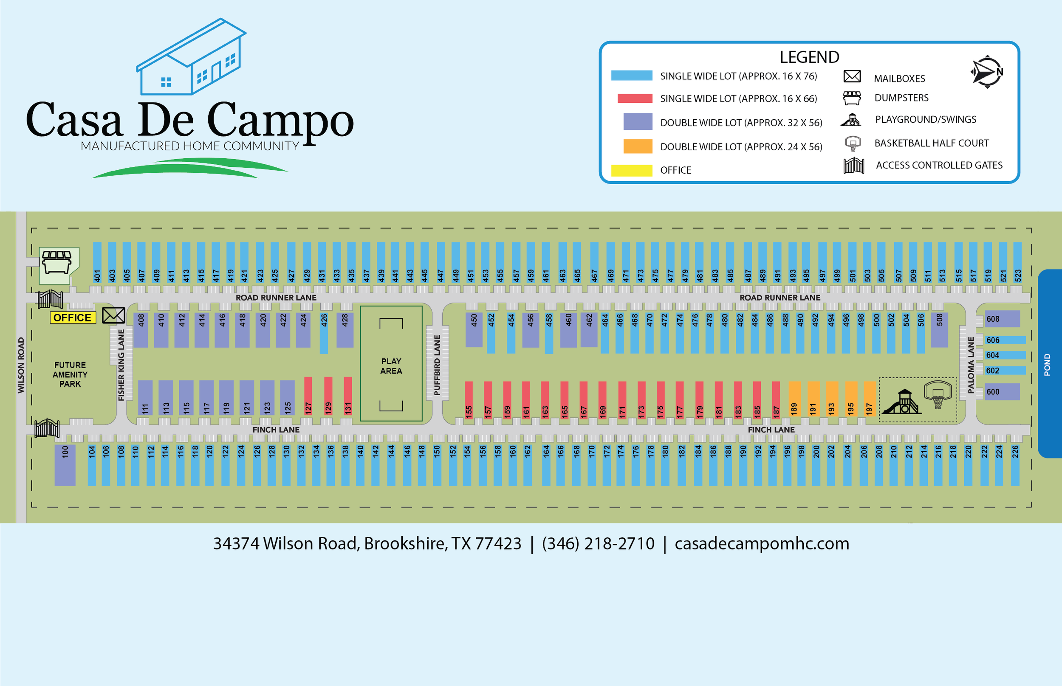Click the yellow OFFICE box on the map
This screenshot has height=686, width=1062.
pyautogui.click(x=73, y=318)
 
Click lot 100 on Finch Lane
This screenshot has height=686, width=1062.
pyautogui.click(x=65, y=464)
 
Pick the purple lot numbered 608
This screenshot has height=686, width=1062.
pyautogui.click(x=1001, y=319)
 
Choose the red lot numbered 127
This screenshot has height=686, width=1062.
pyautogui.click(x=308, y=396)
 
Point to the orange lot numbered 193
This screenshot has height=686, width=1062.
pyautogui.click(x=832, y=398)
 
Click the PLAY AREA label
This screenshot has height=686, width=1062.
pyautogui.click(x=391, y=366)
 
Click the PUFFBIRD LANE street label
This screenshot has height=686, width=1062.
pyautogui.click(x=437, y=365)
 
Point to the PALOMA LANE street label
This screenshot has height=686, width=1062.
pyautogui.click(x=971, y=365)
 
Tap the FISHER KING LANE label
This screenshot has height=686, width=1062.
pyautogui.click(x=121, y=365)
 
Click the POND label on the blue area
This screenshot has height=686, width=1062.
pyautogui.click(x=1047, y=365)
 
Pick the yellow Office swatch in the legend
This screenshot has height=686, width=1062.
pyautogui.click(x=632, y=170)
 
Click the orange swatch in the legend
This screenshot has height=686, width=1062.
pyautogui.click(x=637, y=146)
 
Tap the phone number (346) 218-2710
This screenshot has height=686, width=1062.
pyautogui.click(x=598, y=544)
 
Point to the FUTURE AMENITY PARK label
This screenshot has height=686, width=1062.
pyautogui.click(x=70, y=374)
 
